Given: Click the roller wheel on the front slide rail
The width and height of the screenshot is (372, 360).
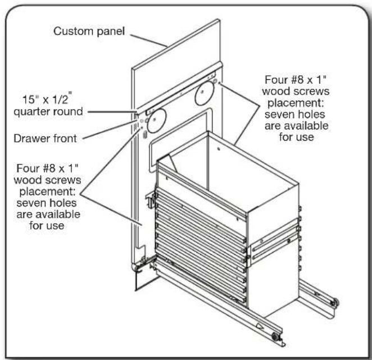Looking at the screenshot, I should (x=275, y=337).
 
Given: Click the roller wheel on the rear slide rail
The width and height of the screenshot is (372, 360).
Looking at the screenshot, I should (x=334, y=303).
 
